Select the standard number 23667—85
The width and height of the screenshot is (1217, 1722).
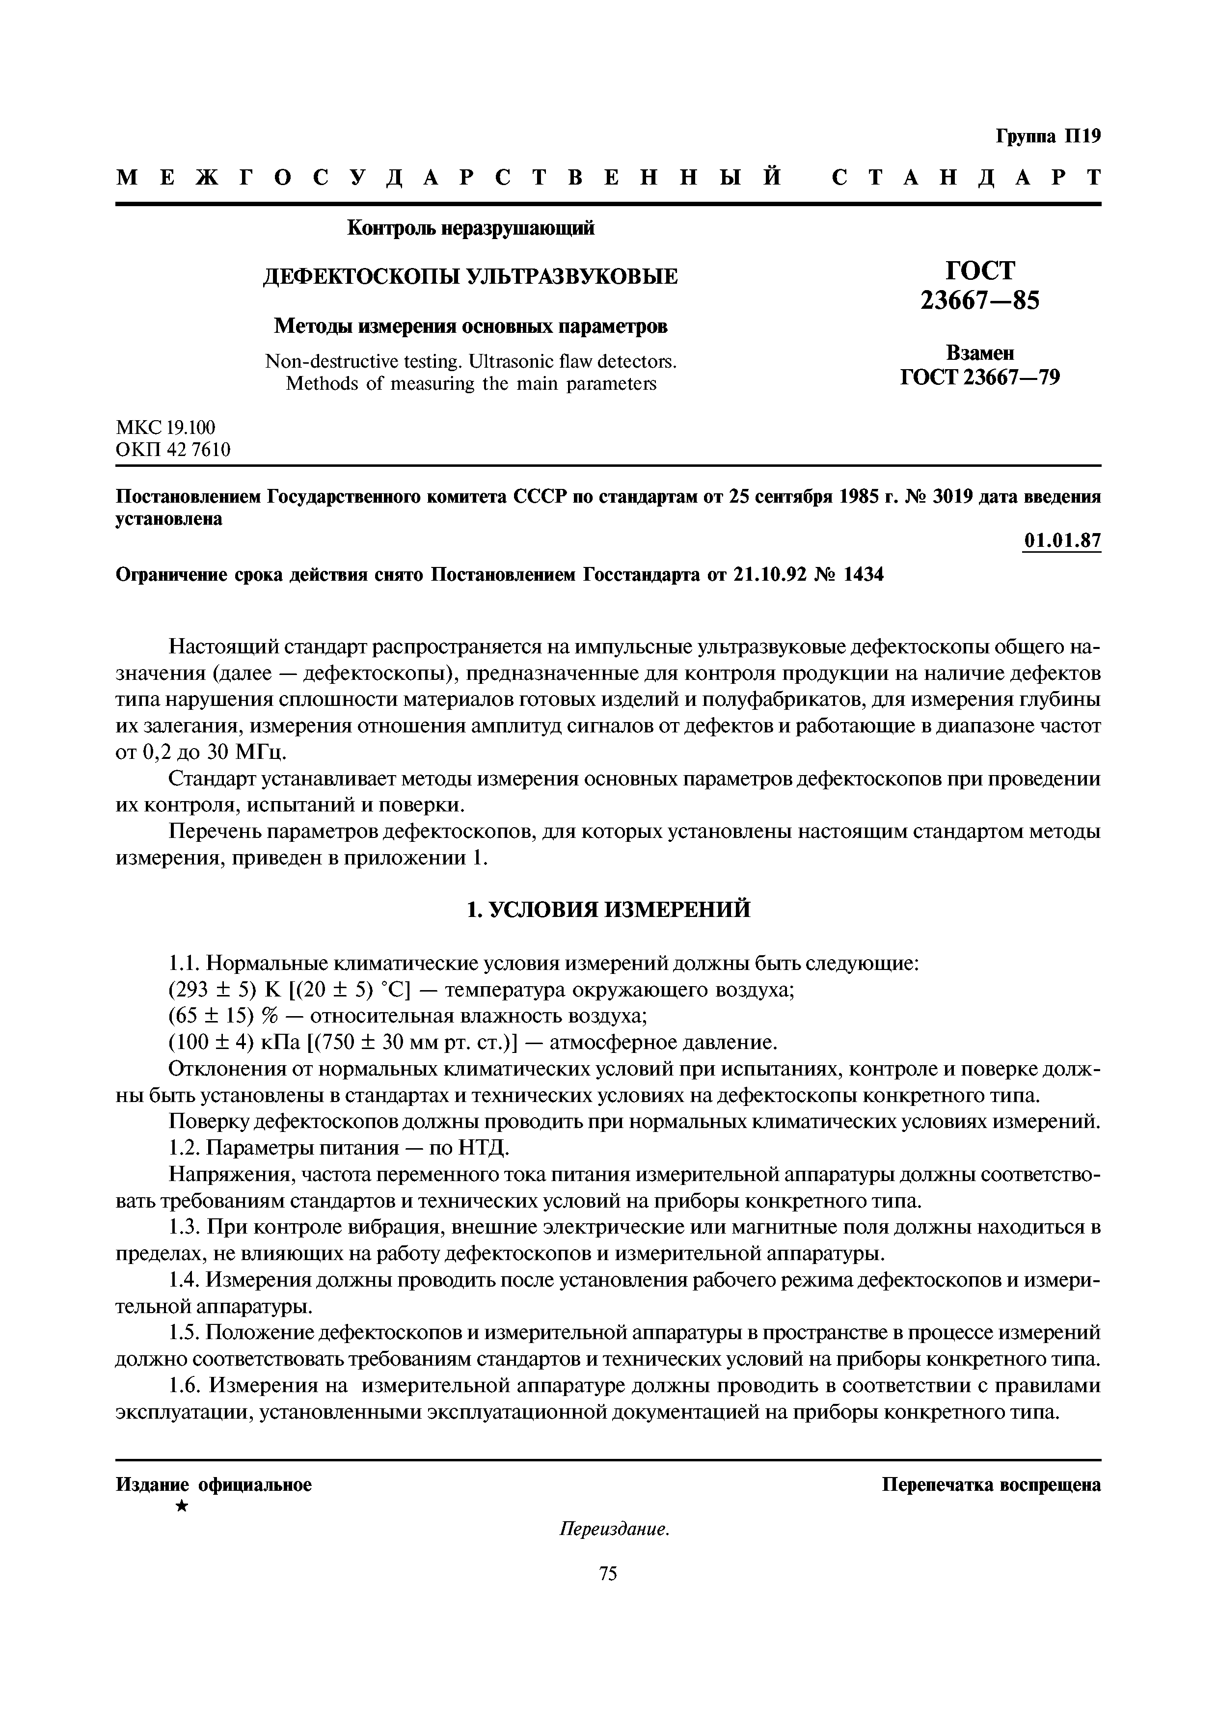tap(980, 301)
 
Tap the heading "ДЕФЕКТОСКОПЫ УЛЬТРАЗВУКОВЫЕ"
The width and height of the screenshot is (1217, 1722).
tap(470, 277)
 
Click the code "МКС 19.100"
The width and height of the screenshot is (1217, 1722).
tap(166, 428)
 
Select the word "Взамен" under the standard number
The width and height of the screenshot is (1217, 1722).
tap(980, 353)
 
